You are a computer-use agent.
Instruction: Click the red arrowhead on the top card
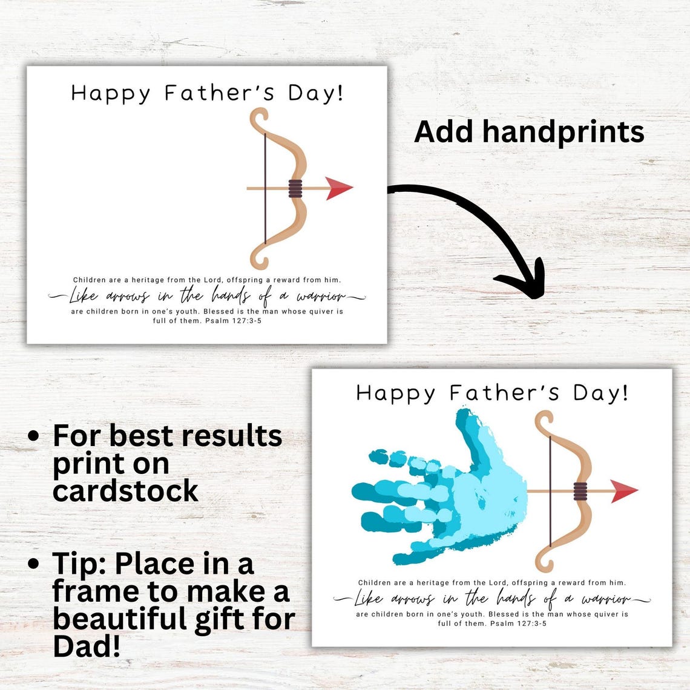340,188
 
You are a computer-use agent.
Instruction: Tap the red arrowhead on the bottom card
625,490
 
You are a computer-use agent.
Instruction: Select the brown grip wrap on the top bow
295,189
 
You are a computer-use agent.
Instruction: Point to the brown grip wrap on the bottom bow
581,490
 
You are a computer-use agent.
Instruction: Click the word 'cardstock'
125,490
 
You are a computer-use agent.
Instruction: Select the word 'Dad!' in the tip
87,646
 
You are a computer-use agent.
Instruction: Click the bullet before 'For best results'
35,436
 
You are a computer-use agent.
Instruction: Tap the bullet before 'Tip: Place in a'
35,564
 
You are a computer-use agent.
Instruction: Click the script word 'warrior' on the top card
321,297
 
